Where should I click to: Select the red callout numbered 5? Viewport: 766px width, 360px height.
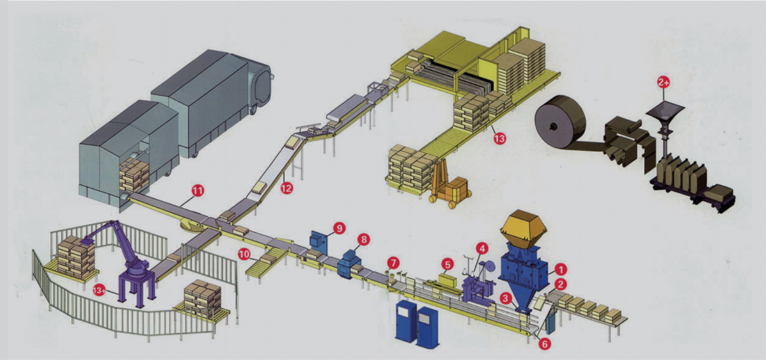[448, 265]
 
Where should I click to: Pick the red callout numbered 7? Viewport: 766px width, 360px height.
[394, 263]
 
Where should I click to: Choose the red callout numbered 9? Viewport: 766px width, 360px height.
[339, 227]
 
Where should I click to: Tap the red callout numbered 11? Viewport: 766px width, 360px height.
[198, 189]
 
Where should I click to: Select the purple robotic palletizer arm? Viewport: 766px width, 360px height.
[125, 258]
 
